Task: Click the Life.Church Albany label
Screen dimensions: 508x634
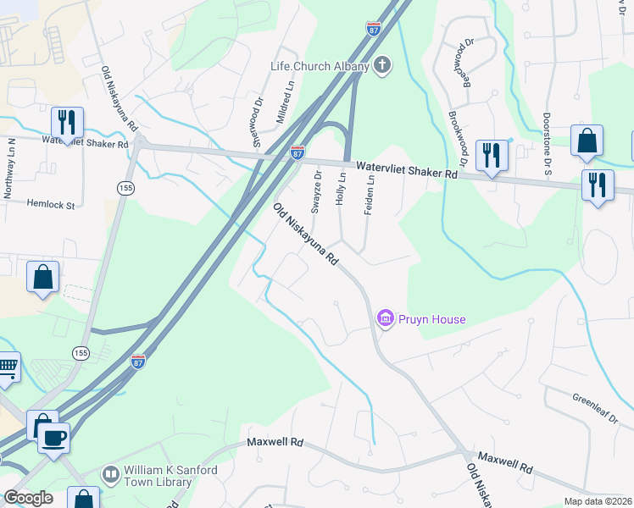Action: tap(320, 67)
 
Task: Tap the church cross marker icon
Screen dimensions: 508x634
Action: tap(382, 66)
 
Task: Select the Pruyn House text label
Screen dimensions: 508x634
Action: tap(432, 319)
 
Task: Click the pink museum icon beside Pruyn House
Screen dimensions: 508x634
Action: tap(386, 318)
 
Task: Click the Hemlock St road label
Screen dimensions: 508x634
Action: tap(51, 204)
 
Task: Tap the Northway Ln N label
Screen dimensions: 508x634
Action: tap(10, 168)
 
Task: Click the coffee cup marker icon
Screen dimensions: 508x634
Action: tap(55, 439)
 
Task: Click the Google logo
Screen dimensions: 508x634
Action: tap(28, 498)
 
